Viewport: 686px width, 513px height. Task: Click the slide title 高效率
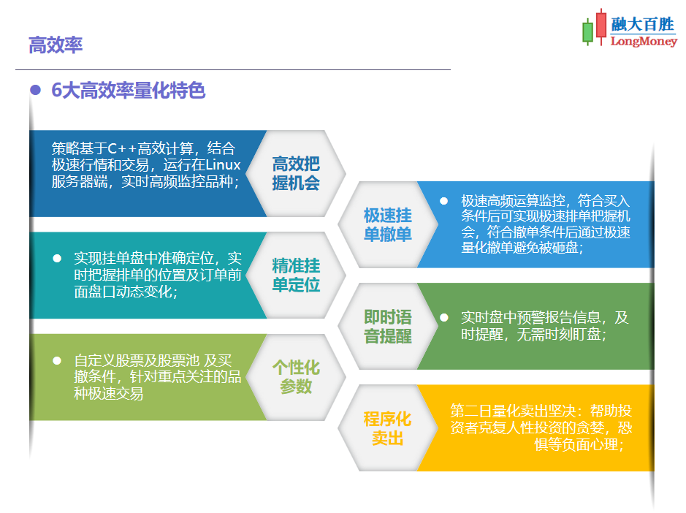[x=56, y=45]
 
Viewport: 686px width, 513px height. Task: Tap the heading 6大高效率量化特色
[x=129, y=91]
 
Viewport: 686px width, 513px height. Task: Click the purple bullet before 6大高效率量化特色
[x=34, y=90]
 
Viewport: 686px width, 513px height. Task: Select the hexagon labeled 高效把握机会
[x=296, y=173]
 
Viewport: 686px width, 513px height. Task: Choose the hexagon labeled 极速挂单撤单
[x=387, y=224]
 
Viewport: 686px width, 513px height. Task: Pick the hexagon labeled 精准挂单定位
[x=296, y=275]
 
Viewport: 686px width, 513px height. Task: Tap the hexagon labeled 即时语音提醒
[x=387, y=326]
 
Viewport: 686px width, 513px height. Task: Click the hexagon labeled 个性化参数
[x=296, y=376]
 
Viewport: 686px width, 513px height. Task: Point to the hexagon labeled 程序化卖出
[x=387, y=428]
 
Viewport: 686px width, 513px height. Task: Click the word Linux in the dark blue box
[x=224, y=164]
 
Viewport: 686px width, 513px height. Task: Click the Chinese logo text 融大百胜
[x=643, y=25]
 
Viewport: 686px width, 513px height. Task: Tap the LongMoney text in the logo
[x=643, y=42]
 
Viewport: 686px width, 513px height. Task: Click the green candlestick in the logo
[x=587, y=32]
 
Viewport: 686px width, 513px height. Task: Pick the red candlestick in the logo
[x=601, y=25]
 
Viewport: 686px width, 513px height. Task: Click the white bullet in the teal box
[x=56, y=259]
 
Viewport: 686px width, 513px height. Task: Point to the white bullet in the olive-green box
[x=56, y=360]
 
